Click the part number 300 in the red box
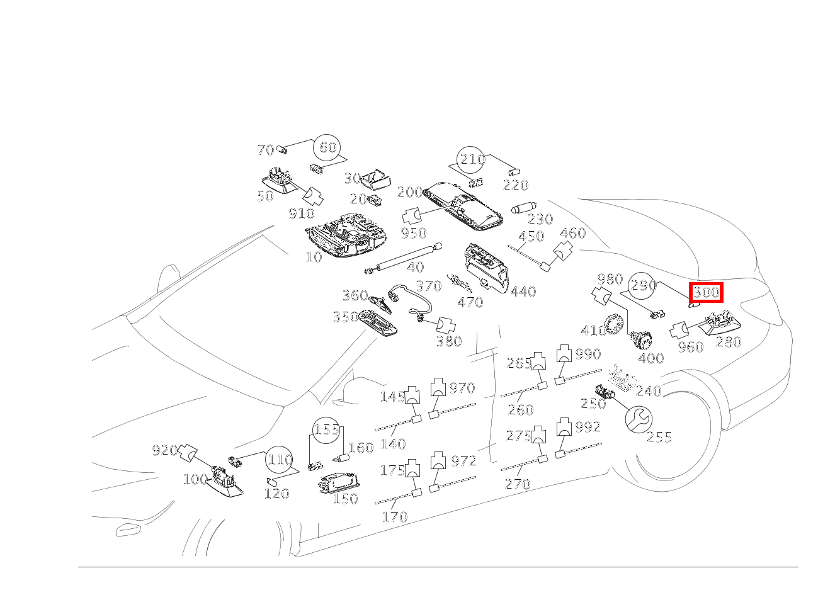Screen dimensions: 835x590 tap(706, 292)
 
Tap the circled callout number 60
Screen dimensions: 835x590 tap(327, 148)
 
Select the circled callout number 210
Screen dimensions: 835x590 tap(471, 159)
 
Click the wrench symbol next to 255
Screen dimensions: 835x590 tap(639, 419)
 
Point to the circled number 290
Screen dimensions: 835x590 tap(642, 285)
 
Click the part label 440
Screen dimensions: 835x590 tap(523, 292)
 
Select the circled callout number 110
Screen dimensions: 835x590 tap(279, 460)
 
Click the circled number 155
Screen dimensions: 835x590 tap(327, 430)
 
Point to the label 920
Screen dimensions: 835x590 tap(165, 450)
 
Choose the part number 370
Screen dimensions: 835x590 tap(429, 286)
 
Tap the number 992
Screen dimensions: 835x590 tap(588, 427)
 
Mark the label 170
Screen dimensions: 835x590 tap(395, 516)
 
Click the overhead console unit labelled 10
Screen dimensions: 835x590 tap(346, 235)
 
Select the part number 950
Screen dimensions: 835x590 tap(413, 233)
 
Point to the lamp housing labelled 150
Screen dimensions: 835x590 tap(339, 484)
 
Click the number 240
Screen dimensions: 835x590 tap(649, 391)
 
